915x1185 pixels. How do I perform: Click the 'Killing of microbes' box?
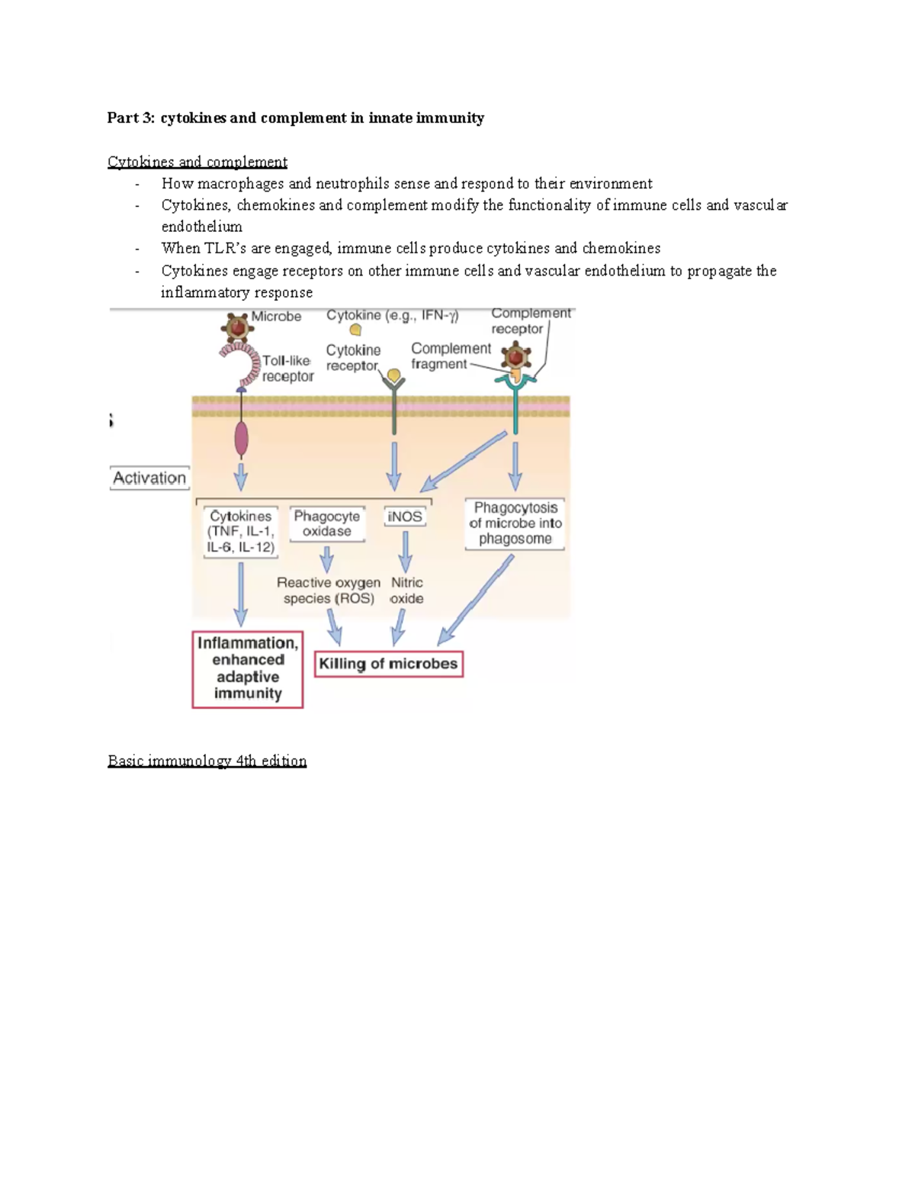pos(388,664)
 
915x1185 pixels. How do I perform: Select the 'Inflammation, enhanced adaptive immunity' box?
pos(248,668)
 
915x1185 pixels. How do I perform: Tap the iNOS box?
pos(404,517)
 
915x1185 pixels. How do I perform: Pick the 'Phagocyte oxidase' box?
pos(327,523)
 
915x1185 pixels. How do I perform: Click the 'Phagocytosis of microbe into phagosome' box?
pos(515,523)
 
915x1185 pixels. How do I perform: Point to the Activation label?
pos(149,478)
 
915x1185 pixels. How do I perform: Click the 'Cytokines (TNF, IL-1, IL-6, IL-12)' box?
pos(241,532)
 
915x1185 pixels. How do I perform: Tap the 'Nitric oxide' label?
pos(406,591)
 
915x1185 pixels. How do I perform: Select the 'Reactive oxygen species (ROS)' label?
pos(329,591)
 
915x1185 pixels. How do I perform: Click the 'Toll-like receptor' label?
pos(287,369)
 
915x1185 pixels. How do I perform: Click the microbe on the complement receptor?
pos(516,356)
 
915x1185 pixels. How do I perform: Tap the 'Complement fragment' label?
pos(450,356)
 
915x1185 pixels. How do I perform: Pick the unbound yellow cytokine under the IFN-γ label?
pos(355,330)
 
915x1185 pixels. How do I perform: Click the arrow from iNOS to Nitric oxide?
pos(406,551)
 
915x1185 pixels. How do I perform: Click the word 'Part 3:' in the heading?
pos(130,118)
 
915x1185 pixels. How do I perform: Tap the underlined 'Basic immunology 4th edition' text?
pos(207,761)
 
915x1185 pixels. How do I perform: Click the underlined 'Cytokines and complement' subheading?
pos(197,162)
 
